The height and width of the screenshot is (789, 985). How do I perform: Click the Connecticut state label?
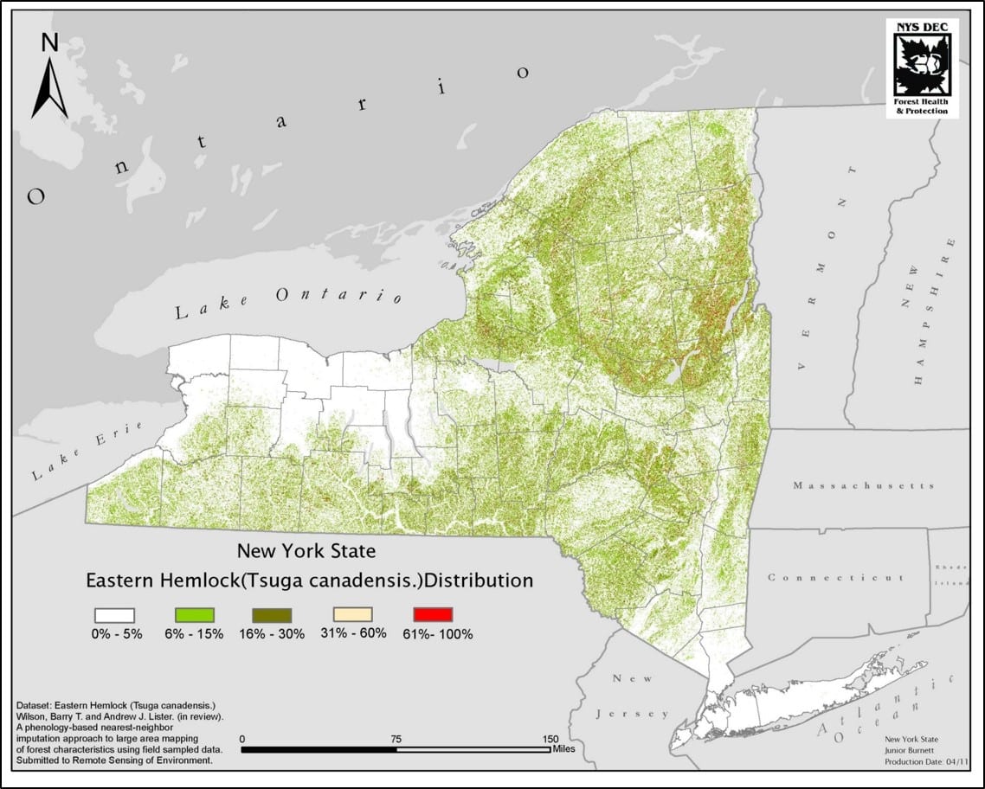click(x=836, y=577)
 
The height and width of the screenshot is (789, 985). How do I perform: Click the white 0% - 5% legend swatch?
click(x=113, y=614)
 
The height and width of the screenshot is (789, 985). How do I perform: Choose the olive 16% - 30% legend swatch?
click(x=270, y=614)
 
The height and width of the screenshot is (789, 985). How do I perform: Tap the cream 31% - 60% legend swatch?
click(x=352, y=614)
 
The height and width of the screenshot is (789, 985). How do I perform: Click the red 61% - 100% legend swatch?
click(x=434, y=614)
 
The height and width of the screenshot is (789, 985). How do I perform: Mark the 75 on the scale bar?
click(x=396, y=739)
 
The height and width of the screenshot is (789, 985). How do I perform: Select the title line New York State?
click(x=306, y=549)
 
